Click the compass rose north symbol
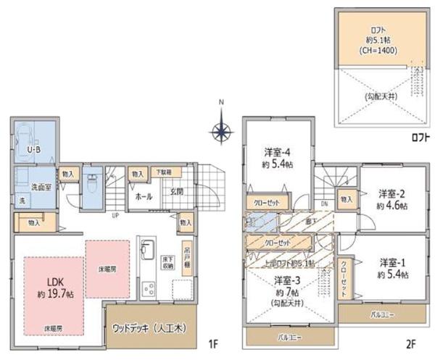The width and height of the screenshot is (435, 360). [x=223, y=132]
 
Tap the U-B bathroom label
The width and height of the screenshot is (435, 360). [x=33, y=150]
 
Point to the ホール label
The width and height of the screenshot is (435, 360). [x=142, y=196]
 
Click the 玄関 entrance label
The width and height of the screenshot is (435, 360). [x=177, y=191]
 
